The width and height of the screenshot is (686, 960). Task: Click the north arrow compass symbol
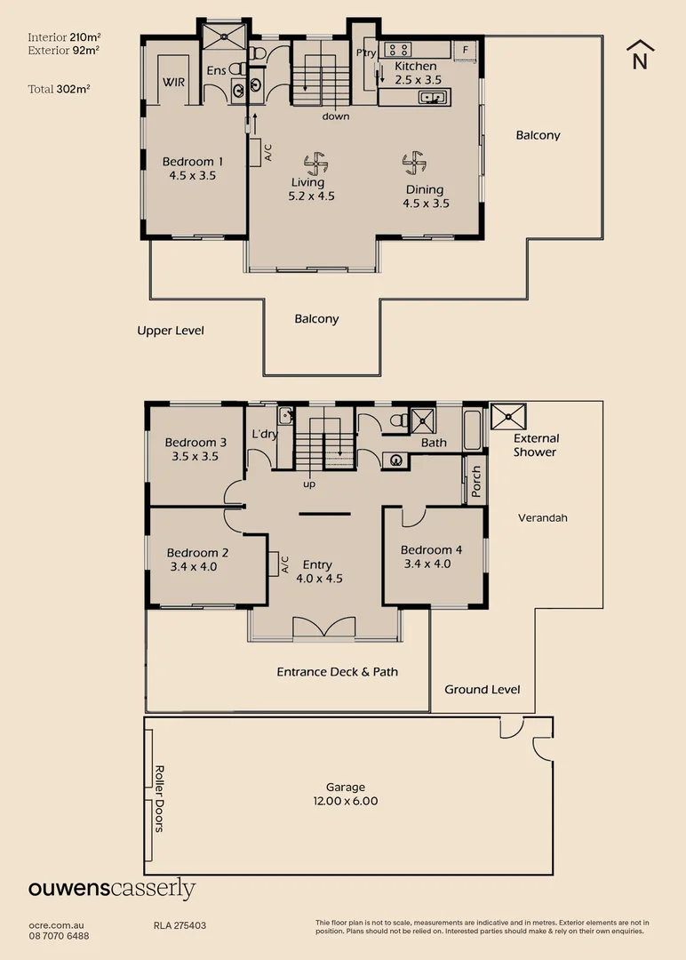[x=640, y=54]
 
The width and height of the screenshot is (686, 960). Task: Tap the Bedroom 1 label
[x=193, y=169]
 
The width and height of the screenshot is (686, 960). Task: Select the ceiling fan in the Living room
[x=314, y=162]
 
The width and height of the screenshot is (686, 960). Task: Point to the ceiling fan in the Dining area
[x=412, y=162]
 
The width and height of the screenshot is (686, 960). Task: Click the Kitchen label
[x=416, y=73]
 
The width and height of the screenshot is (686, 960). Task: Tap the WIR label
[x=173, y=83]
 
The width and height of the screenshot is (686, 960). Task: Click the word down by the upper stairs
[x=336, y=116]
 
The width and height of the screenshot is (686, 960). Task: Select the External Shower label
[x=535, y=444]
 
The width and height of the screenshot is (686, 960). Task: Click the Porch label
[x=476, y=481]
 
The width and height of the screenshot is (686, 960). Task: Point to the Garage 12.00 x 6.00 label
[x=346, y=794]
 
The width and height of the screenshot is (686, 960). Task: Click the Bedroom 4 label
[x=431, y=556]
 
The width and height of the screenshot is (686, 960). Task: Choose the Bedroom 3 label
[x=195, y=449]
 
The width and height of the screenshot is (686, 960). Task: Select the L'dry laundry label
[x=265, y=434]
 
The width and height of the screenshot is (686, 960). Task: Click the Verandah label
[x=543, y=517]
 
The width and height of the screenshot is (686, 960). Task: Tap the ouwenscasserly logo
[x=112, y=890]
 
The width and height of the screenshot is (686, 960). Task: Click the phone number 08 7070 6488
[x=59, y=936]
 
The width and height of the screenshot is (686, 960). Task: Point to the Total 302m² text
[x=60, y=89]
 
